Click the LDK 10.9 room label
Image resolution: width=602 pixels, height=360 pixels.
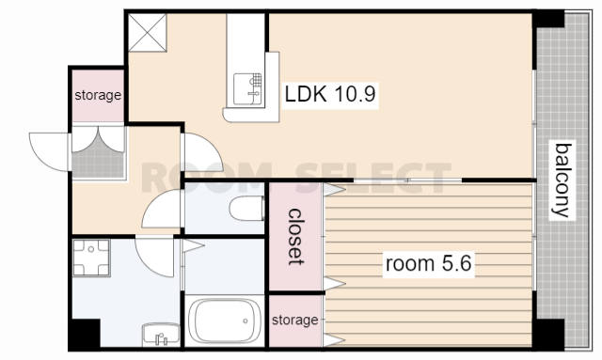tap(330, 94)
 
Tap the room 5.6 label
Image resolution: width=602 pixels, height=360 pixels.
tap(429, 264)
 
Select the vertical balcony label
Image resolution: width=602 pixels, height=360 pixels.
tap(562, 180)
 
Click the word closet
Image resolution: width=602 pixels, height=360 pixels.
tap(295, 237)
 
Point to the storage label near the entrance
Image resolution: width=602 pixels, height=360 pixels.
tap(98, 95)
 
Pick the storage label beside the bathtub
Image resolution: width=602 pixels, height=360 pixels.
tap(294, 320)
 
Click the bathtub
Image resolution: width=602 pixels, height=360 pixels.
tap(224, 321)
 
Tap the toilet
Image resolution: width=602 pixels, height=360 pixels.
tap(246, 208)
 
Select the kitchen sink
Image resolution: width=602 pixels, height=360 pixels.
tap(247, 89)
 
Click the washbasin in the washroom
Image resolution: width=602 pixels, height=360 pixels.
tap(161, 334)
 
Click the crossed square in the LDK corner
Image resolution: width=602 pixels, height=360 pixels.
tap(148, 32)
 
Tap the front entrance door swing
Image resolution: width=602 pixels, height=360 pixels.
tap(49, 151)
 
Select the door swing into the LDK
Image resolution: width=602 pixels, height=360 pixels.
tap(201, 151)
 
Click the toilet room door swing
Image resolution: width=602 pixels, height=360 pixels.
tap(162, 209)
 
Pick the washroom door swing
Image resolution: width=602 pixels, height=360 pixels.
tap(154, 257)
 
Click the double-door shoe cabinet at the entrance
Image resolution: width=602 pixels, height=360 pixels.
tap(98, 138)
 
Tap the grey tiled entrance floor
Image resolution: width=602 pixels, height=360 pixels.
tap(98, 164)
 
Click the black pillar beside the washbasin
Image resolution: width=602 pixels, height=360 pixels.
tap(85, 333)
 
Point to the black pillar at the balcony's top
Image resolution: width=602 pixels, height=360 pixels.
tap(548, 20)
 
